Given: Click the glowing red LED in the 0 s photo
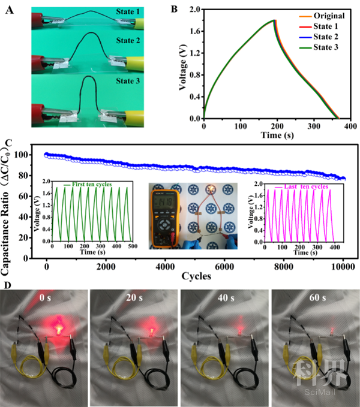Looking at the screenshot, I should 59,328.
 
